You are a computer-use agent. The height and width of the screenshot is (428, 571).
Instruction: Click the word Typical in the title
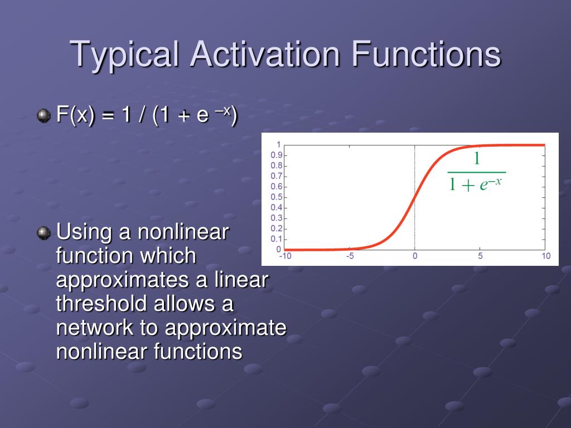click(x=124, y=54)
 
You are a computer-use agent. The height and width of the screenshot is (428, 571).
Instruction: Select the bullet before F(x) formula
click(x=43, y=116)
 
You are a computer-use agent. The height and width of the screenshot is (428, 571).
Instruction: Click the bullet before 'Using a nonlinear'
click(x=43, y=233)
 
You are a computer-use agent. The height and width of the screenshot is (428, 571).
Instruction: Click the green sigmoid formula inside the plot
click(x=476, y=172)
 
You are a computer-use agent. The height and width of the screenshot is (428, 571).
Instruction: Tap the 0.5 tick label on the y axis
click(x=277, y=197)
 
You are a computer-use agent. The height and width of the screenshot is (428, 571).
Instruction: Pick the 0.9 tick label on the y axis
click(x=277, y=155)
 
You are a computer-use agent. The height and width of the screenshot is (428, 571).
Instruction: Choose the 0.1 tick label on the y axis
click(x=277, y=239)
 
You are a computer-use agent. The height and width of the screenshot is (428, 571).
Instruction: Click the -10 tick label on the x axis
click(x=285, y=256)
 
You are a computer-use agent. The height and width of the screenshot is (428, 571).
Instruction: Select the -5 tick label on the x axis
click(x=350, y=256)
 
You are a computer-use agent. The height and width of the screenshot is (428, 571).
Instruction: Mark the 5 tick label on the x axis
click(x=480, y=256)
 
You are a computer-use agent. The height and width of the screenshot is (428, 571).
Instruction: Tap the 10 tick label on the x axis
click(x=546, y=256)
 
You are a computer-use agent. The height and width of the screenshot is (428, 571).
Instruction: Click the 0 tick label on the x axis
click(x=415, y=256)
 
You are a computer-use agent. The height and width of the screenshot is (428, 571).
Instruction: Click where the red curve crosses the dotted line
click(x=415, y=198)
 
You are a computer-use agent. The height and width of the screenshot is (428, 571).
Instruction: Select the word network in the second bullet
click(x=95, y=327)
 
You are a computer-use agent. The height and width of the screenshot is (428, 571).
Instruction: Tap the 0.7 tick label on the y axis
click(x=277, y=177)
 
